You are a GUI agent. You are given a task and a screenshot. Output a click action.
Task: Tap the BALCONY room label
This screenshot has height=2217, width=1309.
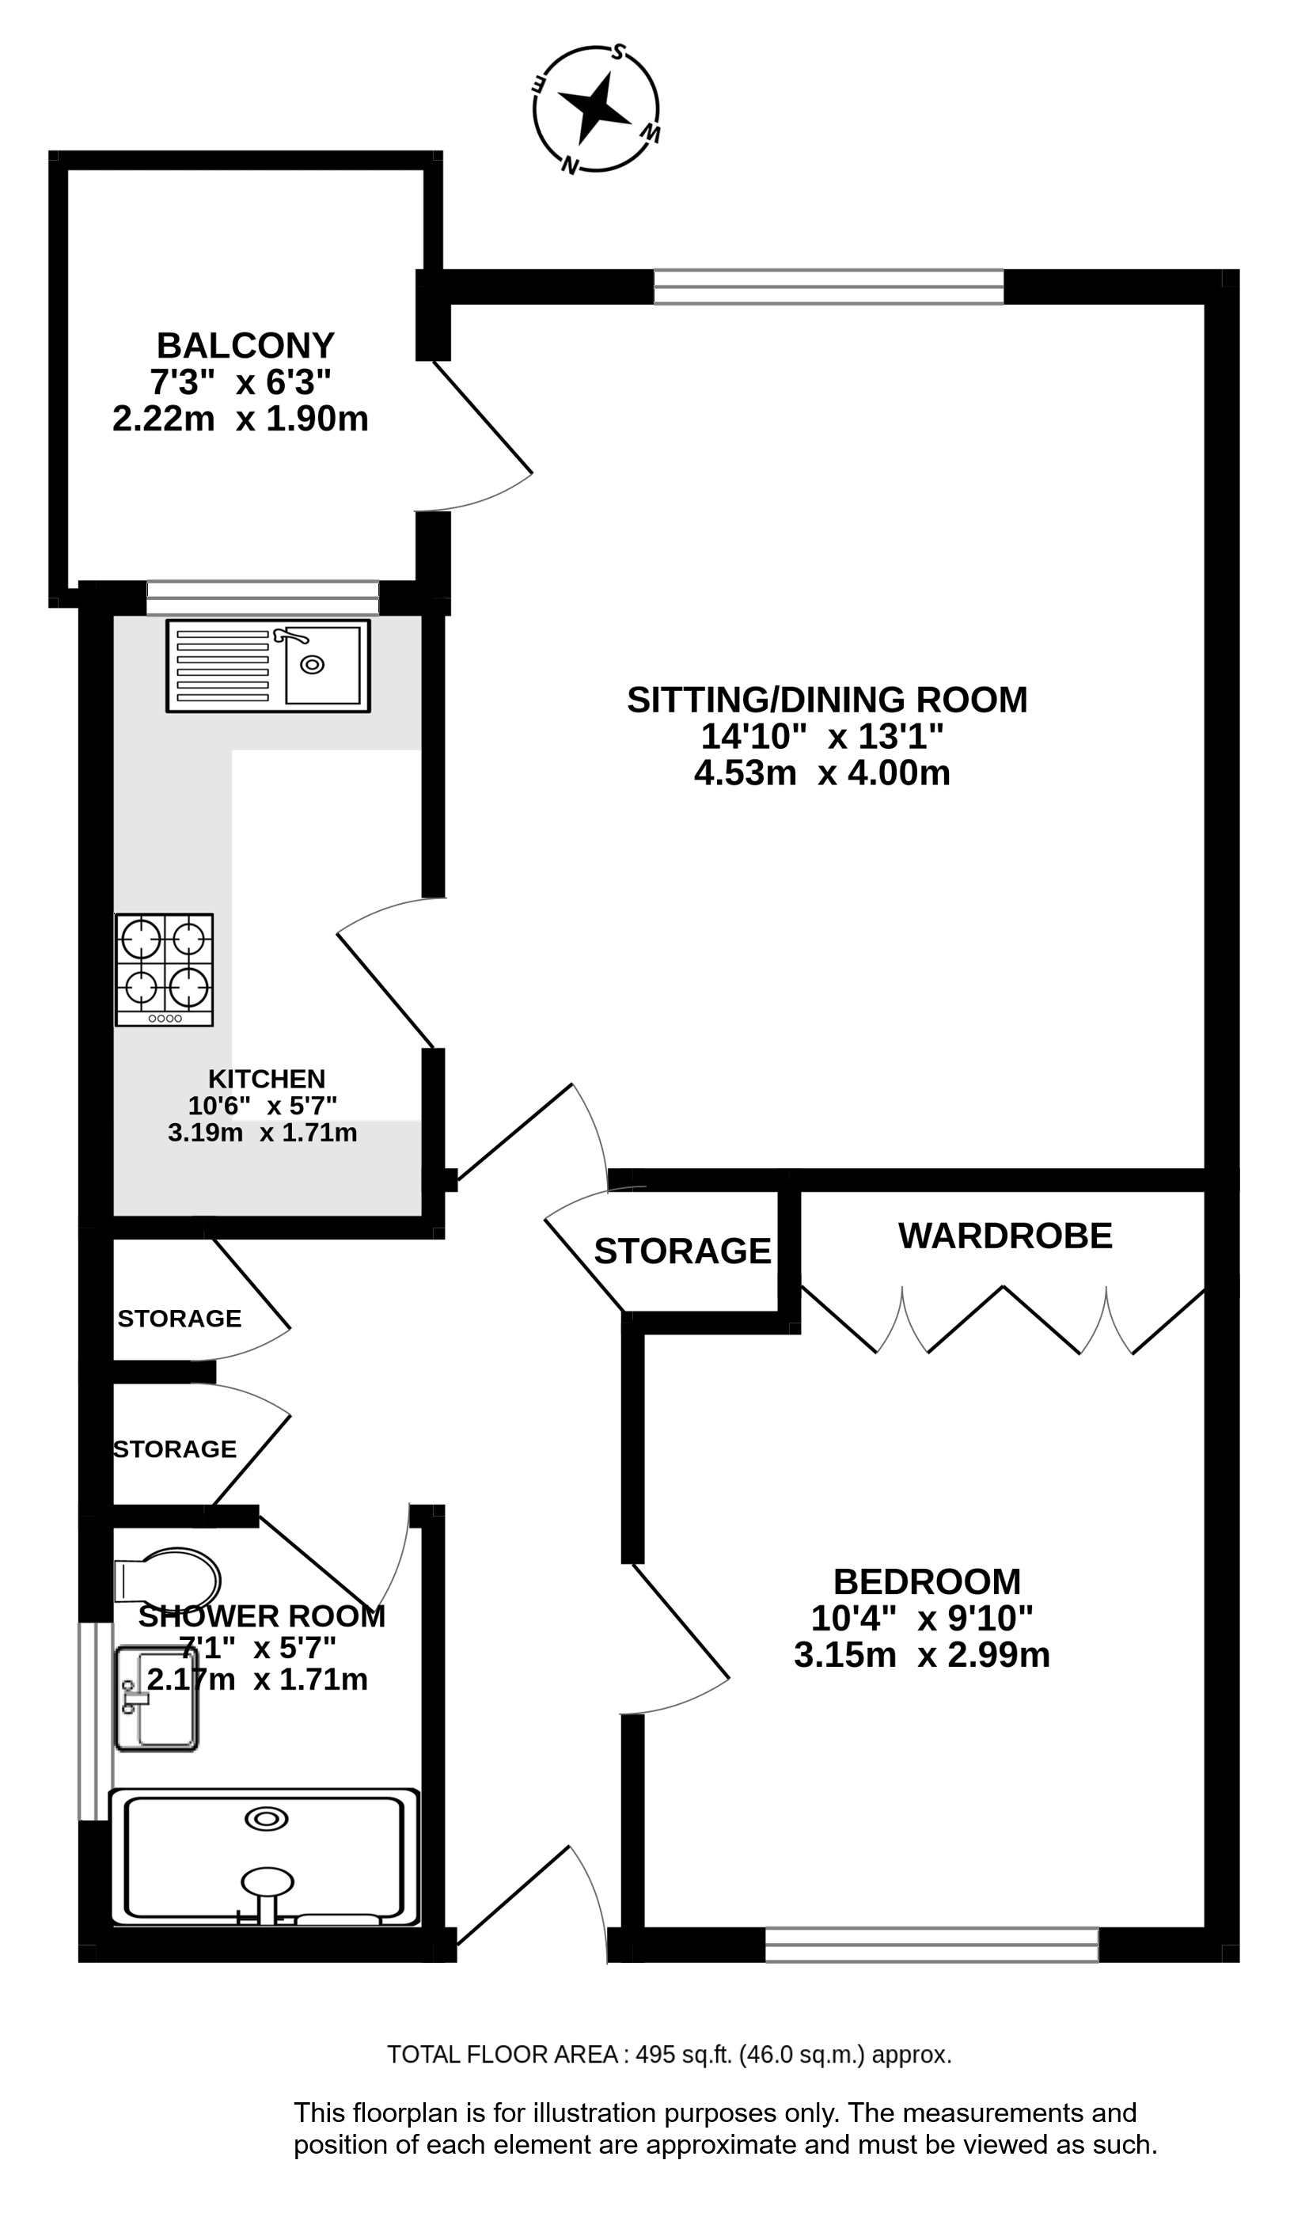pyautogui.click(x=245, y=344)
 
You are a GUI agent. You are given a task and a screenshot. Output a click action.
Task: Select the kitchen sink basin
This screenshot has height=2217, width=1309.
pyautogui.click(x=322, y=665)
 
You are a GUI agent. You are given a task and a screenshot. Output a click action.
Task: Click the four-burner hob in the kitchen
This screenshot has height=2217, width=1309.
pyautogui.click(x=164, y=970)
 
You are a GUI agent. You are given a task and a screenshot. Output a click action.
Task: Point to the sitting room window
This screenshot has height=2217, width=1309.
pyautogui.click(x=829, y=287)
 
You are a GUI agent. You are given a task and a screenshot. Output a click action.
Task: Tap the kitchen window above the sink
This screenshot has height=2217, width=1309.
pyautogui.click(x=263, y=598)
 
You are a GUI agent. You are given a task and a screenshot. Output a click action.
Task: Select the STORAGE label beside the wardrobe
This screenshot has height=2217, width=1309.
pyautogui.click(x=683, y=1251)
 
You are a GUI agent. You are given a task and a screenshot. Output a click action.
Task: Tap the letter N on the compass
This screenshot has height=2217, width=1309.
pyautogui.click(x=571, y=165)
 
